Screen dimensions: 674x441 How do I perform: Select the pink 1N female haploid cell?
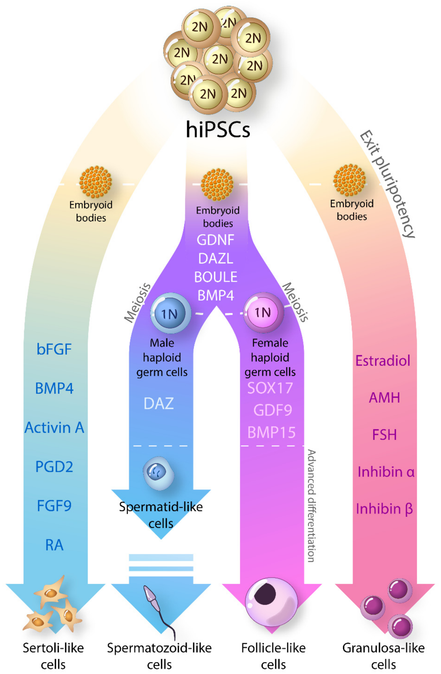pyautogui.click(x=263, y=312)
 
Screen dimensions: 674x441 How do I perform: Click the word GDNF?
pyautogui.click(x=216, y=240)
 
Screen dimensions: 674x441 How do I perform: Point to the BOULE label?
pyautogui.click(x=216, y=277)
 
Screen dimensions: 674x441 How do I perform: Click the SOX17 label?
pyautogui.click(x=270, y=388)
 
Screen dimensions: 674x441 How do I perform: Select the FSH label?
pyautogui.click(x=384, y=435)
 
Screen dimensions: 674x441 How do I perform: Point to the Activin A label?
pyautogui.click(x=54, y=428)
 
